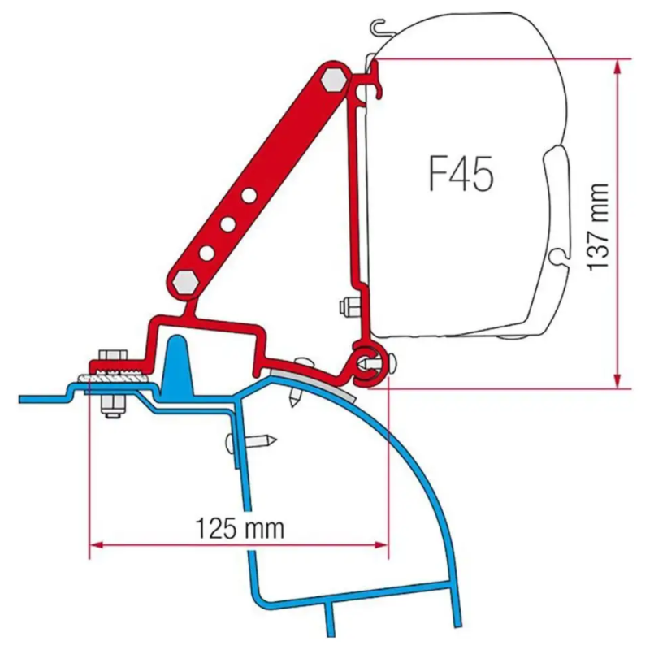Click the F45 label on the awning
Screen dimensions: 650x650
(461, 173)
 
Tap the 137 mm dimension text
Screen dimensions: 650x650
(599, 227)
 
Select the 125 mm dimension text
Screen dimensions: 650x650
(240, 529)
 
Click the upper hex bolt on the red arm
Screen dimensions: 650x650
(334, 80)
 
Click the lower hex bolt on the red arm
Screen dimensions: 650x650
(185, 283)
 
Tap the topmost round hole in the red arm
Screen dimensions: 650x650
(249, 196)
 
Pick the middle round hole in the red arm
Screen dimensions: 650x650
(227, 225)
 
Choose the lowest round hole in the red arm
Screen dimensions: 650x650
(206, 253)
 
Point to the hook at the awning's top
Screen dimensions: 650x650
(377, 28)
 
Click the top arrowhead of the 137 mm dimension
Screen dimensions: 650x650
(617, 67)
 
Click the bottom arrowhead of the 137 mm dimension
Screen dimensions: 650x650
(617, 379)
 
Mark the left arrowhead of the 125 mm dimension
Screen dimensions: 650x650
(97, 544)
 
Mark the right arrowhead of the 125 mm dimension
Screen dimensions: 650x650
(381, 544)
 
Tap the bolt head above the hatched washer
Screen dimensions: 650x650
(113, 356)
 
